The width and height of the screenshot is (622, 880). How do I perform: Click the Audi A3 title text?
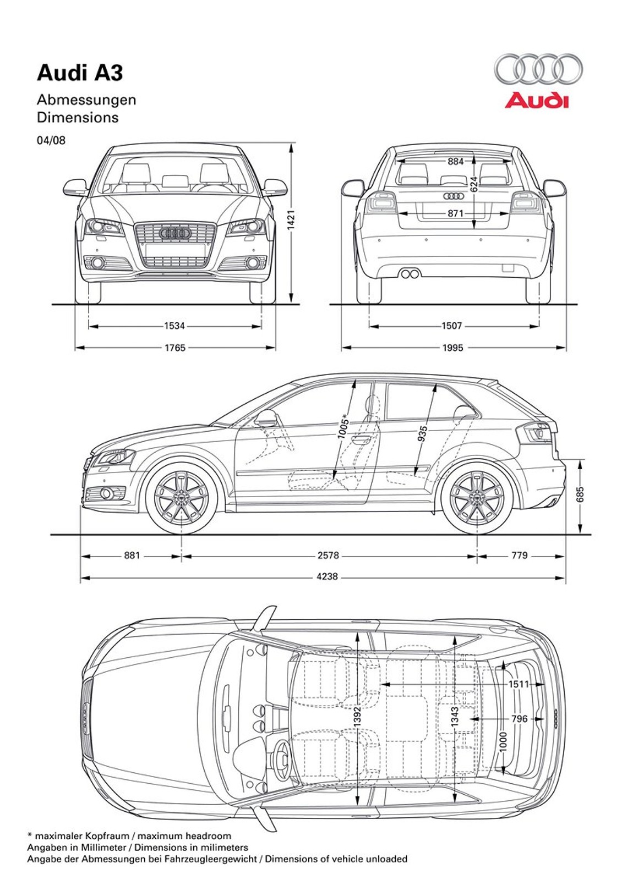click(x=80, y=73)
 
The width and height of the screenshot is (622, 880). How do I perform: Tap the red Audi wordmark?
click(x=536, y=101)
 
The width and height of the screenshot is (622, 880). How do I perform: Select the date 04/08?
click(x=51, y=140)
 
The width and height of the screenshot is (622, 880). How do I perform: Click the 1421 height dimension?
click(x=291, y=219)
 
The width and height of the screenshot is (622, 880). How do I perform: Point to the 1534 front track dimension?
click(x=174, y=326)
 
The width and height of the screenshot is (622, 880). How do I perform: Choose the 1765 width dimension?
click(x=174, y=348)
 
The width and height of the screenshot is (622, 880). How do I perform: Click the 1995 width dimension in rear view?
click(x=452, y=348)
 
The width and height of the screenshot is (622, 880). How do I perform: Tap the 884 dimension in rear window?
click(x=455, y=162)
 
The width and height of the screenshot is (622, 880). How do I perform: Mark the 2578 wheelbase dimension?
click(x=328, y=555)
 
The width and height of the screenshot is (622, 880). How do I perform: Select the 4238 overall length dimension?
click(x=327, y=577)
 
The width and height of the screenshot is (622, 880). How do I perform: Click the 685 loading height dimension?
click(x=580, y=494)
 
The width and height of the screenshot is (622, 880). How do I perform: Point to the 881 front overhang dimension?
click(x=132, y=555)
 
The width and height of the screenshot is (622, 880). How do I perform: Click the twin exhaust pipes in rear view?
click(x=409, y=273)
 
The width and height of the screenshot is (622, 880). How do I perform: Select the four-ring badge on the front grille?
click(x=174, y=233)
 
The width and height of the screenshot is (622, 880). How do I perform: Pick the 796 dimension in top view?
click(x=519, y=718)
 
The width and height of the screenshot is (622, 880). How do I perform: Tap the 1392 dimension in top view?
click(x=357, y=717)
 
